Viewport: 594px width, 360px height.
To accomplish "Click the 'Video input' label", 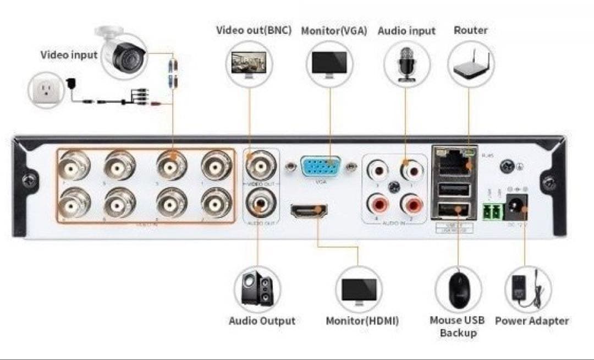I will [69, 55].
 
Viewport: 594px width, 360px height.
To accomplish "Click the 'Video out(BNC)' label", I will [254, 30].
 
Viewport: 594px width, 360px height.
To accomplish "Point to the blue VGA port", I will [321, 166].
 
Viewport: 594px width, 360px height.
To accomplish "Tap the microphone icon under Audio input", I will [406, 64].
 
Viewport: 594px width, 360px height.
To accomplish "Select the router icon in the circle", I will [471, 64].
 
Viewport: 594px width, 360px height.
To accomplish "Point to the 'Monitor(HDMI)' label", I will [362, 321].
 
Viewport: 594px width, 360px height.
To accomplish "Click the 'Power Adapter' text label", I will [532, 321].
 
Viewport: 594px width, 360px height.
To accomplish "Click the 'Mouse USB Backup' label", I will [457, 326].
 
